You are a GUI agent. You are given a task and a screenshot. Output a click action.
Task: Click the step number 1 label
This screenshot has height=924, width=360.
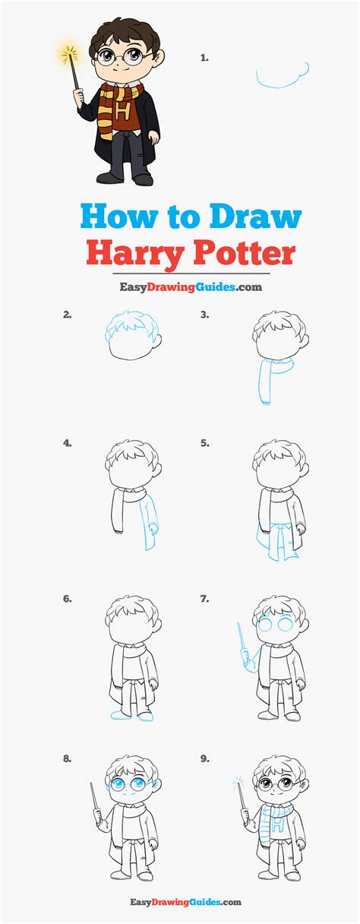[204, 57]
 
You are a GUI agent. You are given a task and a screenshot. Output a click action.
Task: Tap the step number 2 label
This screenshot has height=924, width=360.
[68, 313]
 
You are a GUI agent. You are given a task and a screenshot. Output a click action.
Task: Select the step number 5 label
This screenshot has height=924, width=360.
[204, 442]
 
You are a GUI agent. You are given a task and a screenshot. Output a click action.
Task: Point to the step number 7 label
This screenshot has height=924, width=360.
[204, 599]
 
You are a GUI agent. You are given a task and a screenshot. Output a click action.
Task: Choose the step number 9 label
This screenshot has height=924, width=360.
[204, 758]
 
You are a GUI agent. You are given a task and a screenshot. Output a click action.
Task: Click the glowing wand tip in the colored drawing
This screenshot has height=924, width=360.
[69, 54]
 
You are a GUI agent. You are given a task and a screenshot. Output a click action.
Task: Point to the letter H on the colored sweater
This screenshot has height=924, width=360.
[122, 110]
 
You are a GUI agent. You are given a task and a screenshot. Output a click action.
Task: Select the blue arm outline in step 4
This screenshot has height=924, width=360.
[151, 524]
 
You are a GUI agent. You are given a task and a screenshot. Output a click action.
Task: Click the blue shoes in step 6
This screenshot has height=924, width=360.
[131, 715]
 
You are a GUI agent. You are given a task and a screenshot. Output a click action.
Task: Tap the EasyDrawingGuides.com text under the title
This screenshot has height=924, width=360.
[180, 287]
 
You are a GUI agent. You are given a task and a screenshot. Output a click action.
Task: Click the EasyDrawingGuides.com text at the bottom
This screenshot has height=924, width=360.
[180, 902]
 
